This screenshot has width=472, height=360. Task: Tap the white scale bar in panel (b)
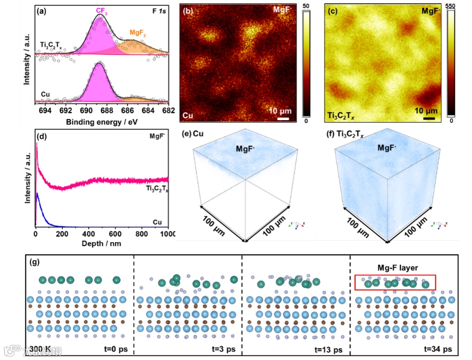284,119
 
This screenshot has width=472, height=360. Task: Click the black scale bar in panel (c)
429,119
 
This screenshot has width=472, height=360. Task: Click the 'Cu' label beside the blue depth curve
158,222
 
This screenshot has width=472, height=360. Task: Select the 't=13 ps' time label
329,349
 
